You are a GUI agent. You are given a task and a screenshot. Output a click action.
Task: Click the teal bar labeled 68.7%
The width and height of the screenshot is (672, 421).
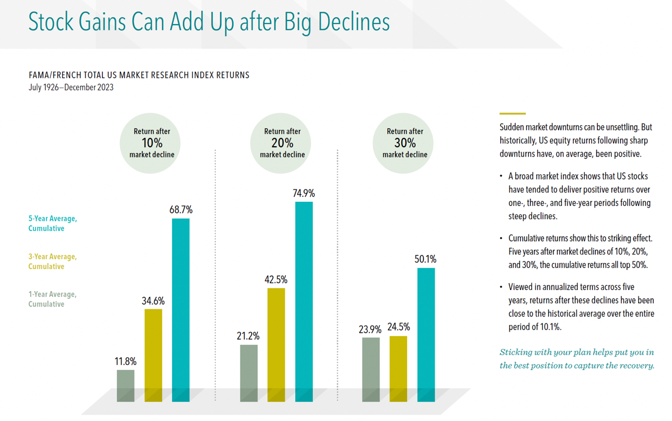click(x=181, y=310)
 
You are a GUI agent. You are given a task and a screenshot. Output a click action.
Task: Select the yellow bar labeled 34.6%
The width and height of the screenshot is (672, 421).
click(x=153, y=355)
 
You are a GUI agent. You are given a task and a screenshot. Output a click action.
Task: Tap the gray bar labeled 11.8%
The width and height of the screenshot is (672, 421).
click(x=126, y=385)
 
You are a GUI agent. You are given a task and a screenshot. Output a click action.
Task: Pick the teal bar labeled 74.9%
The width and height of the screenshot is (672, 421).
click(x=304, y=302)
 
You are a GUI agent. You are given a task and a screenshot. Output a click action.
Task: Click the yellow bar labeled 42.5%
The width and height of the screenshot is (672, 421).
click(x=276, y=344)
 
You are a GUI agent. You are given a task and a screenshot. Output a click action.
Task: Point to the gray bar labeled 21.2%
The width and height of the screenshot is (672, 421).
click(x=249, y=373)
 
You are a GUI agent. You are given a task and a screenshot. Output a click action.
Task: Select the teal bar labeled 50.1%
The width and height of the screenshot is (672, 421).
click(x=426, y=334)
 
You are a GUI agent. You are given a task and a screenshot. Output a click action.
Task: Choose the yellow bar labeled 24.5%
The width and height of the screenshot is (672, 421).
click(x=398, y=368)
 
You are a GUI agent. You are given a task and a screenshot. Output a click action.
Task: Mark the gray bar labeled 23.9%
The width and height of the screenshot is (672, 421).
click(x=371, y=370)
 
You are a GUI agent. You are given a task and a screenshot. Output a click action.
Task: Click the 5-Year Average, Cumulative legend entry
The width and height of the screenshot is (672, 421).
click(x=53, y=223)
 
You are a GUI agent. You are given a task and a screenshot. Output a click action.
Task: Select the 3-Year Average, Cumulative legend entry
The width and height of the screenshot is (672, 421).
click(x=53, y=261)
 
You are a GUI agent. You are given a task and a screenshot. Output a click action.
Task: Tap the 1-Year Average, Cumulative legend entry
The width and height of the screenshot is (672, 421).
click(x=53, y=299)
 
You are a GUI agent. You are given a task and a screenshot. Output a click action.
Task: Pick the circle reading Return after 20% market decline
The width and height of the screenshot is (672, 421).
click(x=282, y=143)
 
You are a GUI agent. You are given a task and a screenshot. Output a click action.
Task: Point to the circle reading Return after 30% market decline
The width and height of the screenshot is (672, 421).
click(x=405, y=143)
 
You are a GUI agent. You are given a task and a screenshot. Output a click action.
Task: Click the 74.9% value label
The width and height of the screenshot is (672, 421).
click(x=304, y=194)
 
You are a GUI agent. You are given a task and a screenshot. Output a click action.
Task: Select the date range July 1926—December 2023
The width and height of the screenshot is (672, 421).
click(x=71, y=88)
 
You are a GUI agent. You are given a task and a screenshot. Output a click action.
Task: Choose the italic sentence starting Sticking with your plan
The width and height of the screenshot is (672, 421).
click(x=577, y=359)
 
